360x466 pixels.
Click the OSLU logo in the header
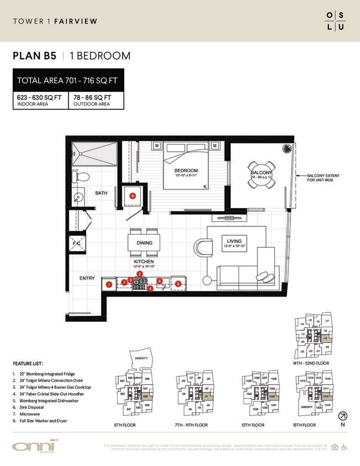coord(336,21)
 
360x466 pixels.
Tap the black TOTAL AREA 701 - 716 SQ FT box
coord(68,81)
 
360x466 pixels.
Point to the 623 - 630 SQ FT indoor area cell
coord(40,100)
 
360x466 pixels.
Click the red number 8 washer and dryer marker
coord(132,195)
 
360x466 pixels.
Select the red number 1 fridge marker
coord(109,284)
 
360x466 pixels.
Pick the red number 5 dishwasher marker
coord(178,284)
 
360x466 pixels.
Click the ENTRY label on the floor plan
coord(87,278)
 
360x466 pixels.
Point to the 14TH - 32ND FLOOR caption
coord(316,363)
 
